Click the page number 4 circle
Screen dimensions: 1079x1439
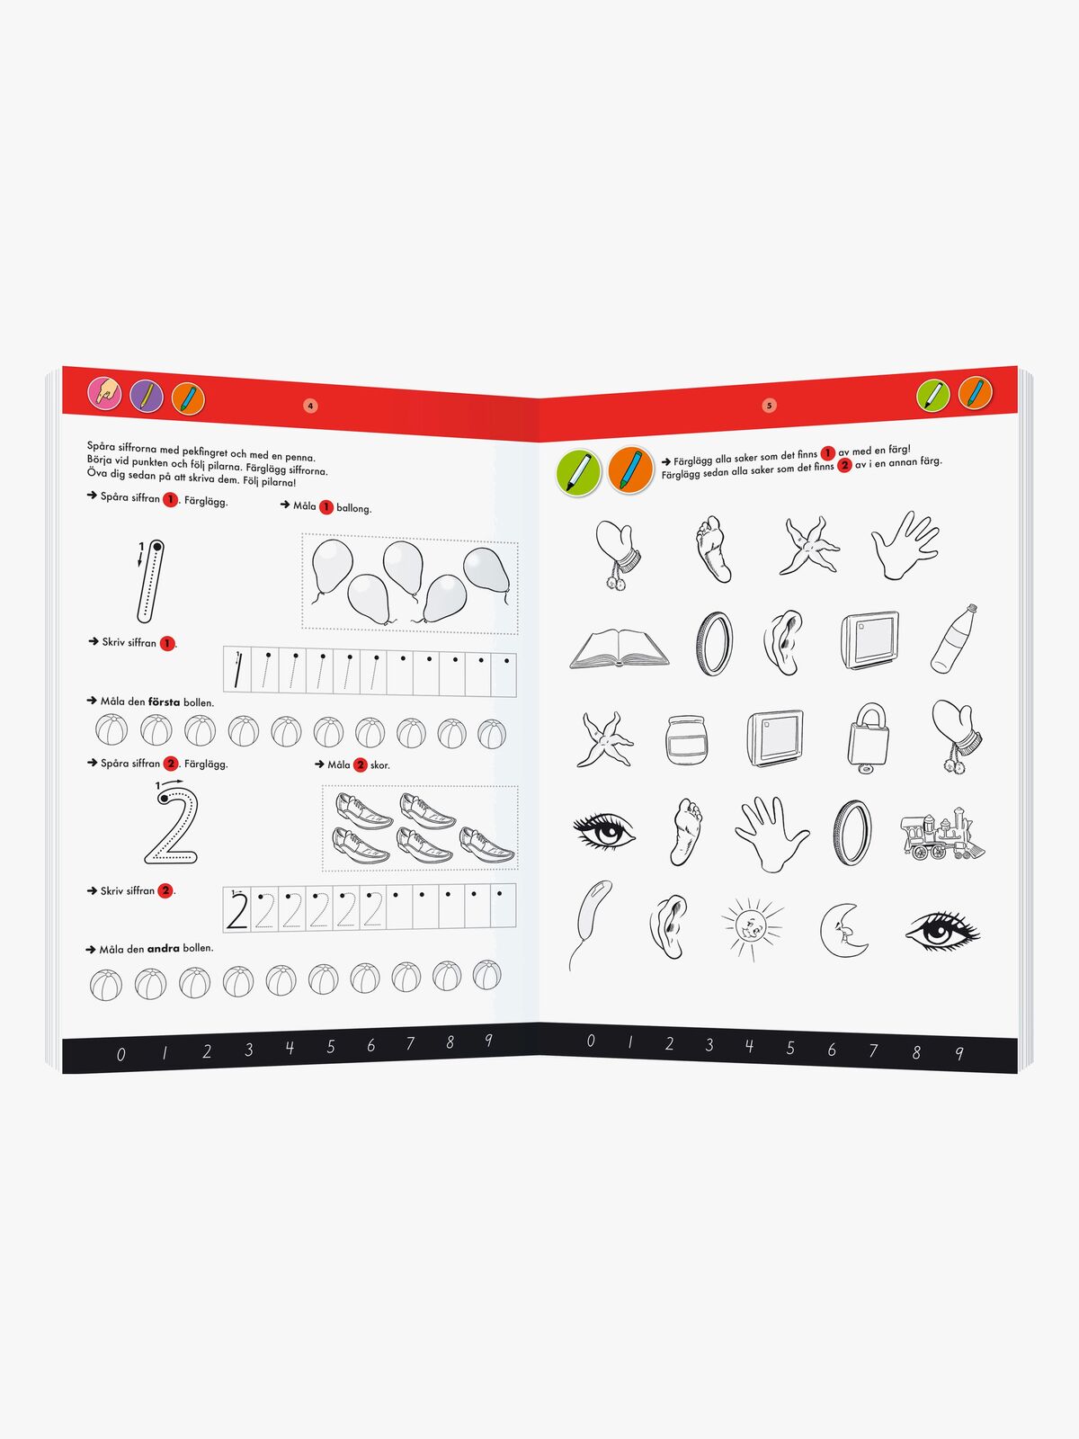[310, 406]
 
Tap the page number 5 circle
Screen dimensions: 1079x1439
[769, 405]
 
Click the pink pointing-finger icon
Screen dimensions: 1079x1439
[105, 393]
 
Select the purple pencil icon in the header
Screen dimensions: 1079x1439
[147, 396]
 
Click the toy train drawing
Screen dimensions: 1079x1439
[942, 834]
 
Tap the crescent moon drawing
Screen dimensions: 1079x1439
[843, 930]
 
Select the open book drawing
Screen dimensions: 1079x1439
[620, 649]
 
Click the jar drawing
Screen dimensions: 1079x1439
[687, 740]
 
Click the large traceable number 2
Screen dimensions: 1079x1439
[172, 826]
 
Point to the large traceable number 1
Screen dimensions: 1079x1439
[151, 581]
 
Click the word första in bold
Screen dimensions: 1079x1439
[164, 702]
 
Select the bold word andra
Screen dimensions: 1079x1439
[163, 949]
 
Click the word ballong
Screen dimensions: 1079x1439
[353, 508]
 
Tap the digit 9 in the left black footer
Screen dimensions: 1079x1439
[489, 1040]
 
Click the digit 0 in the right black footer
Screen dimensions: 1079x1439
[591, 1041]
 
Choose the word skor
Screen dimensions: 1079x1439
[380, 765]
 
